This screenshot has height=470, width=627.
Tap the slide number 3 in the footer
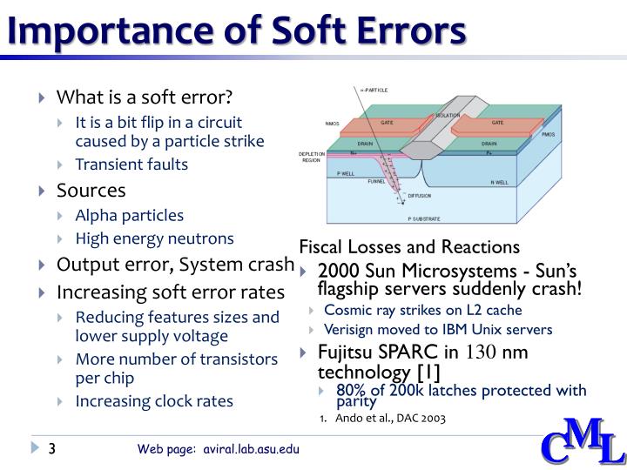52,449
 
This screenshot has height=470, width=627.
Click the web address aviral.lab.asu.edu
253,450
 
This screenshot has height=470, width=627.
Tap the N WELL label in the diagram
499,183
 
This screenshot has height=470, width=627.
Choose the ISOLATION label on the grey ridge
448,115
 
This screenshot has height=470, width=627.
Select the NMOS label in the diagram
332,124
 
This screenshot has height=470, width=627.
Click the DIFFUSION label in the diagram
421,196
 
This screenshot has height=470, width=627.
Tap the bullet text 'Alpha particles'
130,215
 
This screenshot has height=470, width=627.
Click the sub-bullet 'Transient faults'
131,164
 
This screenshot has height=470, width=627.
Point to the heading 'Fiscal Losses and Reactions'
409,246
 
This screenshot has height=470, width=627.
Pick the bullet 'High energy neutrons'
155,238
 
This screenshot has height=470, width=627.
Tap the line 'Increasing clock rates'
154,401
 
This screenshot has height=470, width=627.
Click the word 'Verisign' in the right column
350,330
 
